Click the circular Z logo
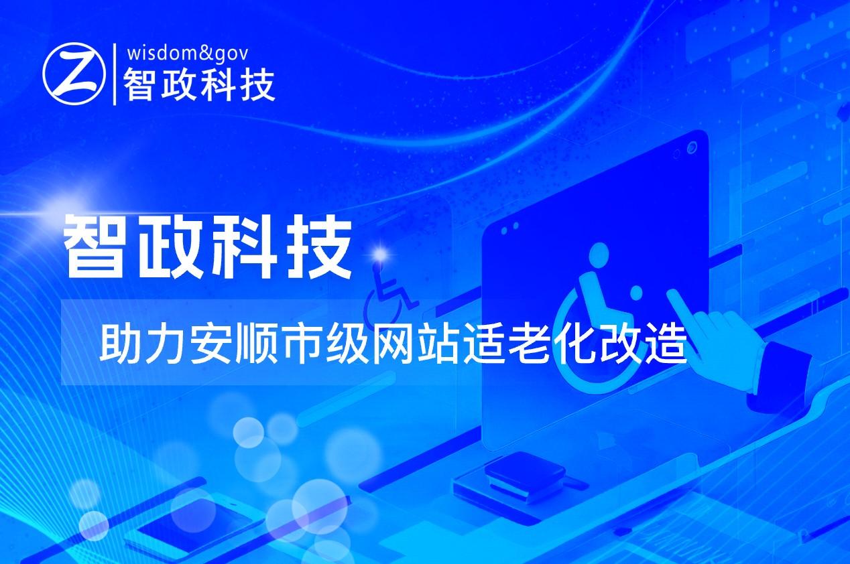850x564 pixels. click(x=74, y=74)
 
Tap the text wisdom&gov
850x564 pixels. click(x=188, y=54)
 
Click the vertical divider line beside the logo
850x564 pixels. click(x=115, y=74)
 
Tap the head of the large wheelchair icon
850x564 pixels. click(x=599, y=254)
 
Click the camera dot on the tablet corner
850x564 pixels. click(x=692, y=147)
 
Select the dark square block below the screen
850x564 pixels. click(x=526, y=472)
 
